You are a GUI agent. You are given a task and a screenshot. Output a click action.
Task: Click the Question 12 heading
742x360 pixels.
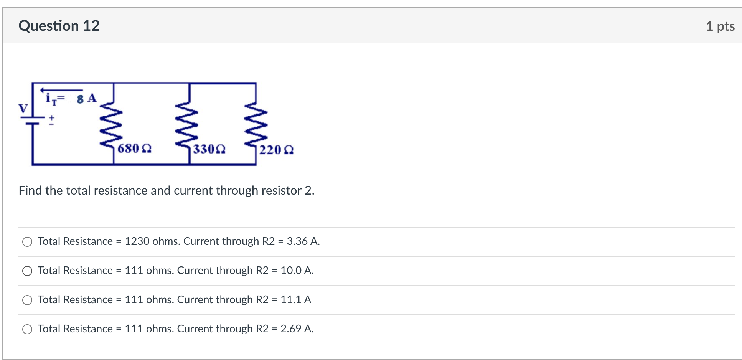59,26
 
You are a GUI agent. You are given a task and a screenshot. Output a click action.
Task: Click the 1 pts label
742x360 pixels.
720,26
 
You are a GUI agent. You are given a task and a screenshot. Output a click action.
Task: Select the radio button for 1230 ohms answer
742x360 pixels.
27,242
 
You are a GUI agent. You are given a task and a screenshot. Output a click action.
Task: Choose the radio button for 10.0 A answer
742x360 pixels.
27,271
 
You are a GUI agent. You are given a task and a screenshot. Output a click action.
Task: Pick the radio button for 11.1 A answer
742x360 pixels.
27,300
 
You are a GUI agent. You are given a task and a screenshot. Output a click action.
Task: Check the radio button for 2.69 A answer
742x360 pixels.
27,329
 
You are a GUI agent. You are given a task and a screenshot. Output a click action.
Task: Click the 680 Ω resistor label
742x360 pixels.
134,149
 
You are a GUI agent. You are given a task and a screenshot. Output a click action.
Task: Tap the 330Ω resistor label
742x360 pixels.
209,149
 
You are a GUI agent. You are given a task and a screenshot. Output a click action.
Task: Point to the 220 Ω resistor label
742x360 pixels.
276,150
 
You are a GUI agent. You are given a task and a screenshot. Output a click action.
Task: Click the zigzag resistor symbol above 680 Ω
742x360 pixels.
111,124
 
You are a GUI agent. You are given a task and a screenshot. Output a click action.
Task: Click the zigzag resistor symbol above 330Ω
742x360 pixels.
187,124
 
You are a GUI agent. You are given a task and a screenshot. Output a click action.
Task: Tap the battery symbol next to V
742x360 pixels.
32,121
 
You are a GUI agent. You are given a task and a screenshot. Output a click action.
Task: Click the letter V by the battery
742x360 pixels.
23,109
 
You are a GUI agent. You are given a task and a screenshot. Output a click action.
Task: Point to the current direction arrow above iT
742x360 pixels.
61,90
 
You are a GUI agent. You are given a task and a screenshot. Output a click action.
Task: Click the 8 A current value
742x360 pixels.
87,99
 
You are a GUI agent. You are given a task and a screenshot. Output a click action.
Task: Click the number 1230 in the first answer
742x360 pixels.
137,241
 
